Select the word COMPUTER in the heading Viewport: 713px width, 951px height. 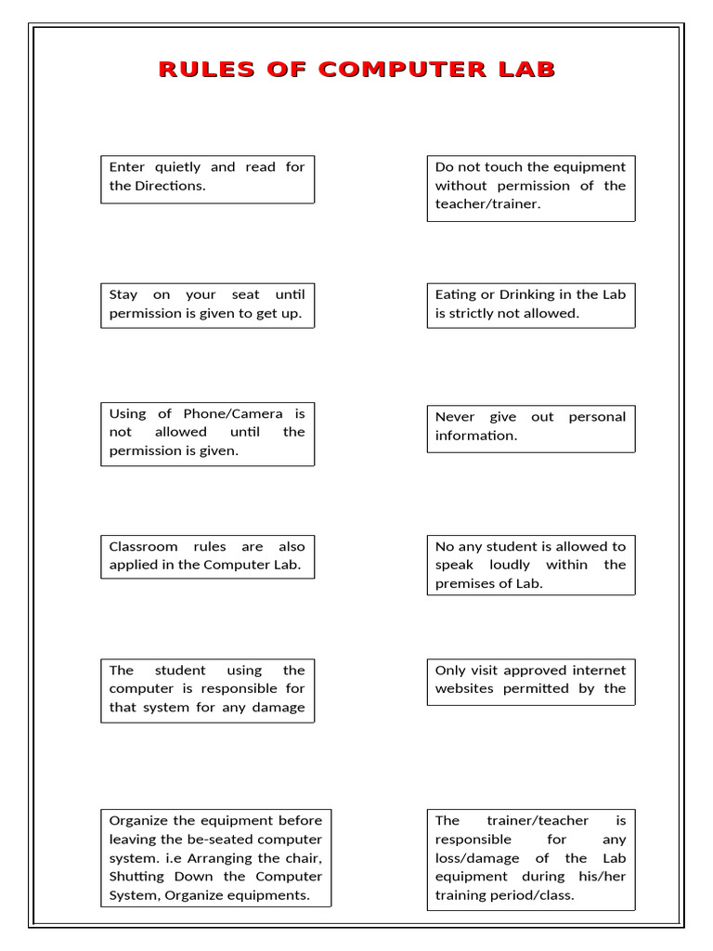400,70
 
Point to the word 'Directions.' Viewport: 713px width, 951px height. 170,186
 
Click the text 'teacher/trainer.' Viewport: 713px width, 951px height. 487,204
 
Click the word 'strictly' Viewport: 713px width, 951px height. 479,313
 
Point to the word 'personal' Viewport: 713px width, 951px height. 597,417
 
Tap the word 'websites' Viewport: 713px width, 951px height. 464,688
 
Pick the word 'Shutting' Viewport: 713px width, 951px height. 137,876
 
